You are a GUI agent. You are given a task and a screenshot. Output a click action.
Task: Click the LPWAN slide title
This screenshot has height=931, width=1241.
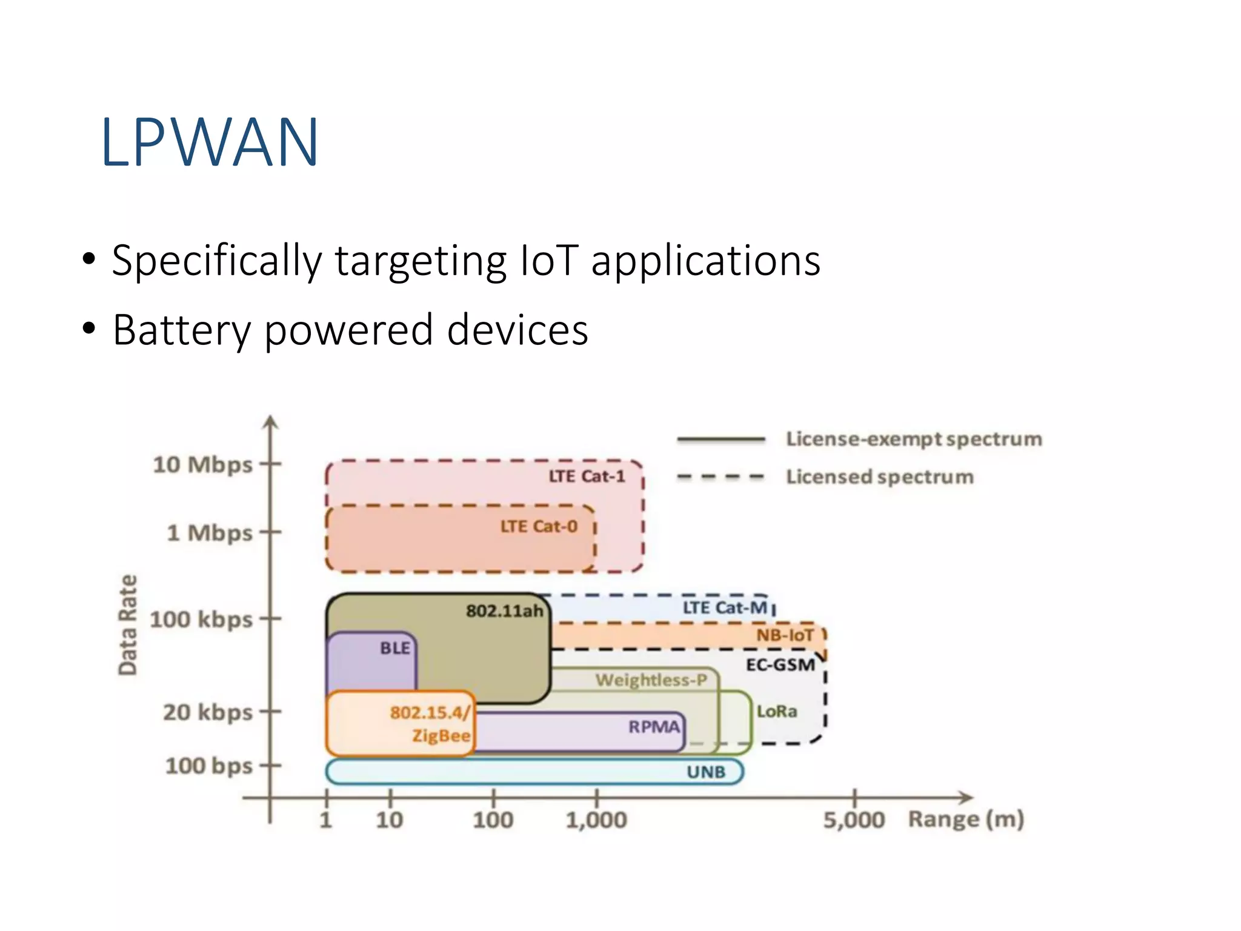click(x=209, y=142)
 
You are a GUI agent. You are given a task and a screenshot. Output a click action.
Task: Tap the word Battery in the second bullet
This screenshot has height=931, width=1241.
click(x=181, y=330)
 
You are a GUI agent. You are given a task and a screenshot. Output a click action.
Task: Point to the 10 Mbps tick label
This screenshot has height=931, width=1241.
click(x=202, y=465)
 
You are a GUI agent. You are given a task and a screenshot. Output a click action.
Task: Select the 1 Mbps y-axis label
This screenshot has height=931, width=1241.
click(x=210, y=533)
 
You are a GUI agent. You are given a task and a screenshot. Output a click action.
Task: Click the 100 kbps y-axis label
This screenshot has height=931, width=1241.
click(x=201, y=619)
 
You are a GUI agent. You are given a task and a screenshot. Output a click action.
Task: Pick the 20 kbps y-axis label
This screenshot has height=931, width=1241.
click(x=208, y=712)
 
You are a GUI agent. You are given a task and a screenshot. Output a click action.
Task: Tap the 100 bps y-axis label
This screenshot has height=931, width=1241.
click(x=209, y=766)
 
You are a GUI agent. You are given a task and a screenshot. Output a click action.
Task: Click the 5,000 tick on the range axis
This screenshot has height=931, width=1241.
click(x=854, y=820)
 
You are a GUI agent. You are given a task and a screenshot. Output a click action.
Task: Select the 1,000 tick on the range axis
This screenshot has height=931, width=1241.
click(x=596, y=820)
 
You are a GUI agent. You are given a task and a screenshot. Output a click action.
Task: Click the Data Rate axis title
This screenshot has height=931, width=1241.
click(x=128, y=625)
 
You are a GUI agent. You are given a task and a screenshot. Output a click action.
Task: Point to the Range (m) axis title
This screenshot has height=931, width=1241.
click(x=966, y=819)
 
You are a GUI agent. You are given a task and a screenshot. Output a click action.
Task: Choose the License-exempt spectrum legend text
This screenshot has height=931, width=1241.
click(x=914, y=439)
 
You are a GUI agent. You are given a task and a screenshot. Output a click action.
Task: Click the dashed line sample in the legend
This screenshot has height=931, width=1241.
click(x=720, y=477)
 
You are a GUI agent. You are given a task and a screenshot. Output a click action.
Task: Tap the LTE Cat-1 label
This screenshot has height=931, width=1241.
click(x=587, y=476)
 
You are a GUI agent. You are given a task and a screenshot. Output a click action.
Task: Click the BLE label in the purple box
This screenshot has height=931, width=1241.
click(x=395, y=648)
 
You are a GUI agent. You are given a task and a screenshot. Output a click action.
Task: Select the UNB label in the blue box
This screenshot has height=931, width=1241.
click(x=706, y=772)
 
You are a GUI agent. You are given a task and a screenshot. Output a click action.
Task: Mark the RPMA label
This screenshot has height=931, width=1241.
click(x=654, y=726)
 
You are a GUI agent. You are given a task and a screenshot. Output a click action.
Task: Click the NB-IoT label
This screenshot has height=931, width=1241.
click(x=785, y=635)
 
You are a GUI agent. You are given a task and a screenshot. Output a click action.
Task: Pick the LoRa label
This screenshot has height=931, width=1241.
click(x=777, y=711)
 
